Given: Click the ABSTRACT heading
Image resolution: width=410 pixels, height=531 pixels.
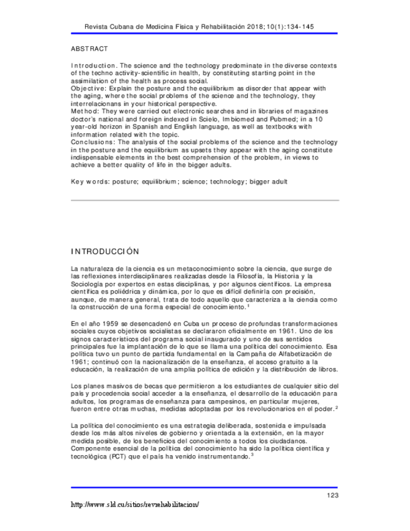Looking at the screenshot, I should click(x=90, y=48).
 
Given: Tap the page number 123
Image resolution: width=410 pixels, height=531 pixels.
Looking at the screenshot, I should click(x=332, y=495).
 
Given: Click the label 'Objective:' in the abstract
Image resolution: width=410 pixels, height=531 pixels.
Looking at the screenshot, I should click(x=89, y=89).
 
